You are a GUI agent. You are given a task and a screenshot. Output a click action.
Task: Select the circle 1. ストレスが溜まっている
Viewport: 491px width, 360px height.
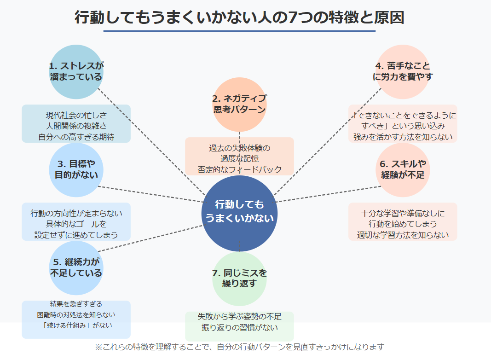(76, 72)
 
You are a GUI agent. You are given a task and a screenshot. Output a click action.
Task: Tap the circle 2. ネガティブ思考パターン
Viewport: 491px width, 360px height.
(239, 104)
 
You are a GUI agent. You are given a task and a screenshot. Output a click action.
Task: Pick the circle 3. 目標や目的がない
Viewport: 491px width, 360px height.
(76, 169)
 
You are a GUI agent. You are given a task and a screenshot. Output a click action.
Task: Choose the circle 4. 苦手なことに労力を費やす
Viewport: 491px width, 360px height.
(403, 72)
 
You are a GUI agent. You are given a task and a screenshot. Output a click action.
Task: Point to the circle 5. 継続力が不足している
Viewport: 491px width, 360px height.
(76, 268)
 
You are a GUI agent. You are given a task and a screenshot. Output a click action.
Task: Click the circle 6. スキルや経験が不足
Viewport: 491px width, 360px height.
(403, 169)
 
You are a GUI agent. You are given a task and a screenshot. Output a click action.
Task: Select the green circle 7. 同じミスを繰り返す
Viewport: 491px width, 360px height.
(239, 278)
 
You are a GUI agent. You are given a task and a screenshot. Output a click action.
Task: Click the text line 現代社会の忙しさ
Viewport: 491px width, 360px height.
(76, 115)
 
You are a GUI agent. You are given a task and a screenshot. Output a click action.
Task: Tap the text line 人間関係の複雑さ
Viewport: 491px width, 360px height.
(76, 126)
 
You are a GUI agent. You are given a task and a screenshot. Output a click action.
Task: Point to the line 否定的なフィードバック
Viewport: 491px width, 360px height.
(239, 169)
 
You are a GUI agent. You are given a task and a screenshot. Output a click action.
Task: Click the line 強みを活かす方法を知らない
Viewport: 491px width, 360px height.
(403, 137)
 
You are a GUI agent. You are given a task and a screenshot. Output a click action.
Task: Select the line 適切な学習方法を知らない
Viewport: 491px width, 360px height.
(403, 235)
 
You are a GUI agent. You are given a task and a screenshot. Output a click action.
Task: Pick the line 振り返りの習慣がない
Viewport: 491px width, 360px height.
(239, 328)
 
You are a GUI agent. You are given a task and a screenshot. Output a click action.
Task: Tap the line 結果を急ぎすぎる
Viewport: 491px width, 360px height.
(76, 304)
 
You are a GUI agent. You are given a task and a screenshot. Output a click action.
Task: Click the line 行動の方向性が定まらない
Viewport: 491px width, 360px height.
(76, 213)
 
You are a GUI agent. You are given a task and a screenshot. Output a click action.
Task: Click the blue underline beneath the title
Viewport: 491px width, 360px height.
(239, 31)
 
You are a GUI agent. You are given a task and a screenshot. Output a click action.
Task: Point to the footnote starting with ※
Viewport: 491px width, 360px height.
(239, 347)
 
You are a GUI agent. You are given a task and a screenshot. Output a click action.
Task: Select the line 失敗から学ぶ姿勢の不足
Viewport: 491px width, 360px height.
(239, 317)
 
